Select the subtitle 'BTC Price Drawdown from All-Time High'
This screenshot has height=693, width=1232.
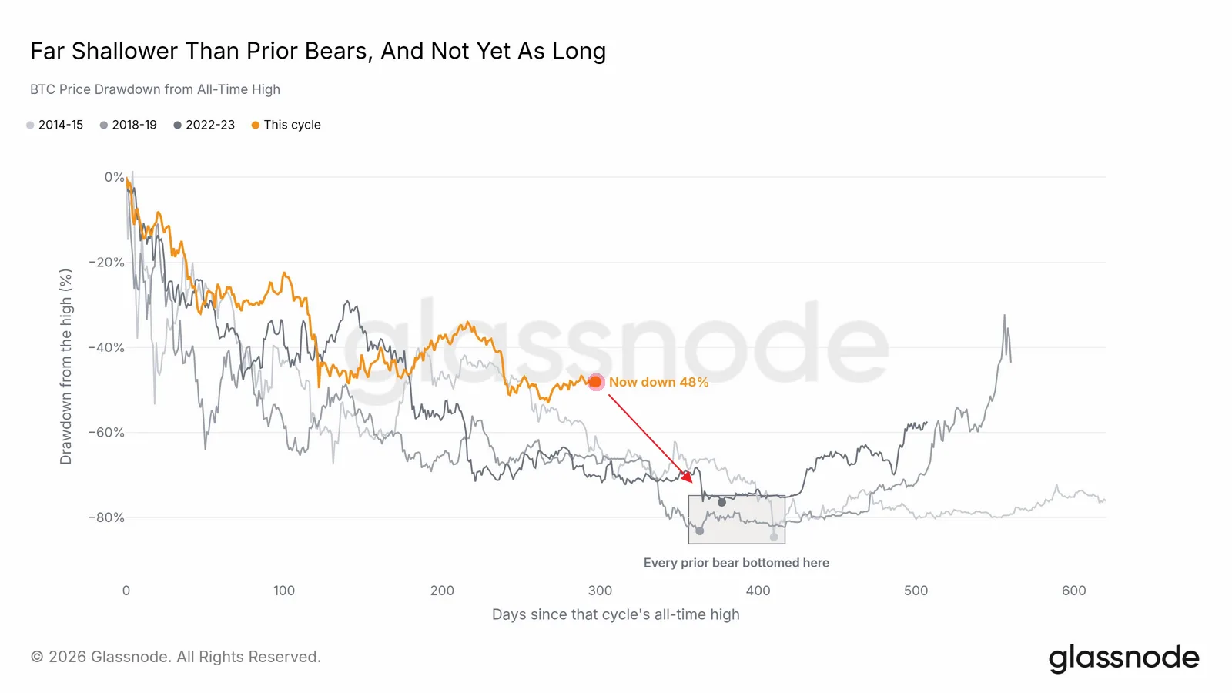click(x=155, y=89)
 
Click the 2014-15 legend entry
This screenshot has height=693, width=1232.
click(x=55, y=125)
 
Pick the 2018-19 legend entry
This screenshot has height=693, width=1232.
click(x=129, y=125)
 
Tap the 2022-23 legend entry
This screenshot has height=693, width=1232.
click(x=204, y=125)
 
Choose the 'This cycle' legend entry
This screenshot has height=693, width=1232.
click(x=286, y=125)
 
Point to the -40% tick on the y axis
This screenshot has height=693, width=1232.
click(x=107, y=347)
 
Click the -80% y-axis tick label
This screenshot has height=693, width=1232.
click(x=107, y=517)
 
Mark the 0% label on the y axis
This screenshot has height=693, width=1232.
click(x=115, y=177)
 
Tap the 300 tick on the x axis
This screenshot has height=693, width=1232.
click(x=600, y=591)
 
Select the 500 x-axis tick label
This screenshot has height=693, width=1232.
click(x=916, y=591)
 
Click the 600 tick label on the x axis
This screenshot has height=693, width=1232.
click(x=1073, y=591)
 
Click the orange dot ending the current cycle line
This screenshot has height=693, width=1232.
click(x=596, y=382)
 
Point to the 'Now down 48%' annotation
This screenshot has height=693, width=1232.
click(x=658, y=382)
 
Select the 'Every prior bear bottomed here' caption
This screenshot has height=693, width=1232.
click(x=736, y=563)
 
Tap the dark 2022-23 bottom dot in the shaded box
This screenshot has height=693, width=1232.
click(x=721, y=502)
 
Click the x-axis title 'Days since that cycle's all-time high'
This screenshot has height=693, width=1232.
click(x=615, y=614)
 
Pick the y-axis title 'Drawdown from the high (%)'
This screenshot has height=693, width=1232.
click(x=66, y=367)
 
